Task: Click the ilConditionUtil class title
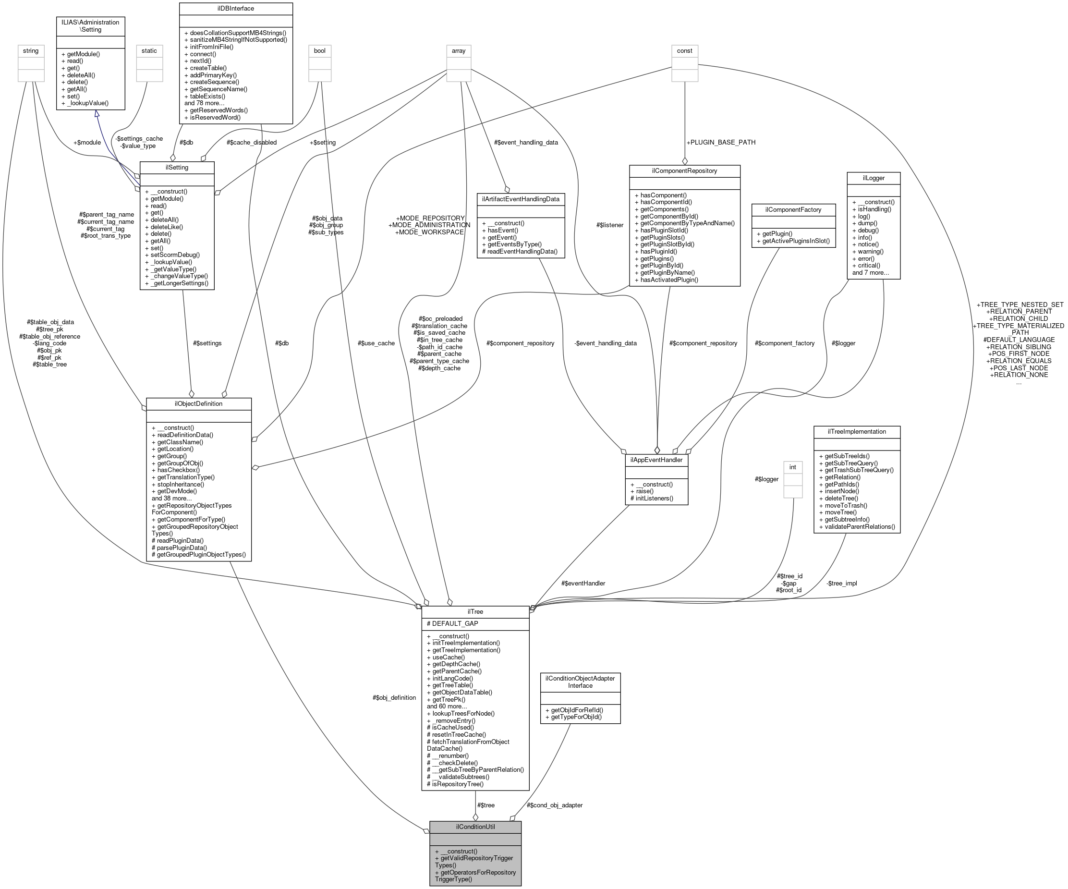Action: point(475,827)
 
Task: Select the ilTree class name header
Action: point(475,612)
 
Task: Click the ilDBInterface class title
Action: point(235,9)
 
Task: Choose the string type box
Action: point(31,51)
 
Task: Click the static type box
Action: point(149,51)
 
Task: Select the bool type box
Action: point(319,51)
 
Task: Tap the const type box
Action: point(684,51)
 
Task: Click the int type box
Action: point(792,467)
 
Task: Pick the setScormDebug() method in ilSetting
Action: point(175,255)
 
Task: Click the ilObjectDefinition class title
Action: point(198,404)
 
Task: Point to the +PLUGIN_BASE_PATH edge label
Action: point(721,142)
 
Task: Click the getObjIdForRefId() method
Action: point(574,710)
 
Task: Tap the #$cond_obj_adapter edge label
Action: point(554,805)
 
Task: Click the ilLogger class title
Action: point(873,178)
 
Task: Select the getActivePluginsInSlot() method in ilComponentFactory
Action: point(793,241)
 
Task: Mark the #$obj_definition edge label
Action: point(394,698)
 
